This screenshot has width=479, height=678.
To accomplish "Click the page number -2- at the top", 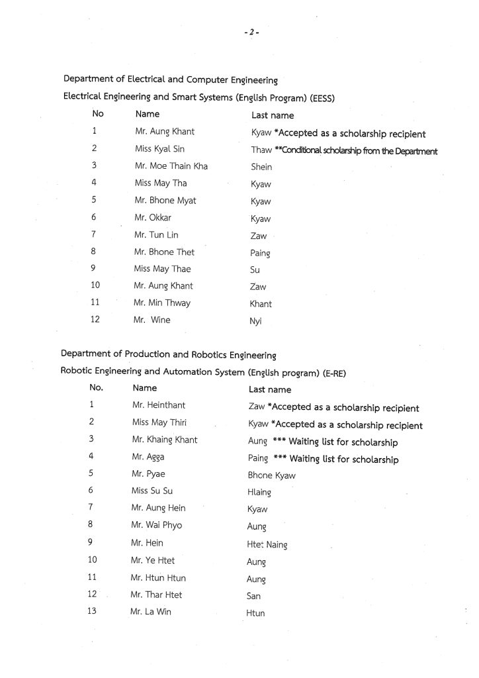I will [x=251, y=32].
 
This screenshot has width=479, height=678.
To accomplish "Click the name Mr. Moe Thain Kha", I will [x=171, y=166].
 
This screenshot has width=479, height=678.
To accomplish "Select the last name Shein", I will [x=261, y=167].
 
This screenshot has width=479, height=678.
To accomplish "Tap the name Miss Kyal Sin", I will [x=159, y=149].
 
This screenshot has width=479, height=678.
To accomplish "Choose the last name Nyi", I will [x=256, y=321].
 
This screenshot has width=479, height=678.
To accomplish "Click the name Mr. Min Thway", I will [x=162, y=303].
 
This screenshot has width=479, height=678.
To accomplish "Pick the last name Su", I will [x=255, y=270].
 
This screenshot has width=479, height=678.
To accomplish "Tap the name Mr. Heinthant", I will [x=159, y=405].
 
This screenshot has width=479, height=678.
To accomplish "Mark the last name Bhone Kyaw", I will [x=271, y=475].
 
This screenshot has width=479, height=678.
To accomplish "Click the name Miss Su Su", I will [x=152, y=491].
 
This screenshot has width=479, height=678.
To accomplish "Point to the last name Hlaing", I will [x=259, y=493].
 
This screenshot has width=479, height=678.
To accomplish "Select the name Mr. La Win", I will [x=151, y=612].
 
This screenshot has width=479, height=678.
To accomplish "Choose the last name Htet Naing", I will [x=267, y=544].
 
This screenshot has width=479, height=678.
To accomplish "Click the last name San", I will [x=253, y=596].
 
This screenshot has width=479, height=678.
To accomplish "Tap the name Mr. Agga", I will [x=148, y=457].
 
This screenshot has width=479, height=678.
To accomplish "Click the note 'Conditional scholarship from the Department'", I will [x=361, y=151].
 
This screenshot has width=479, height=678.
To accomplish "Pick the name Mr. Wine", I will [x=152, y=320].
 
